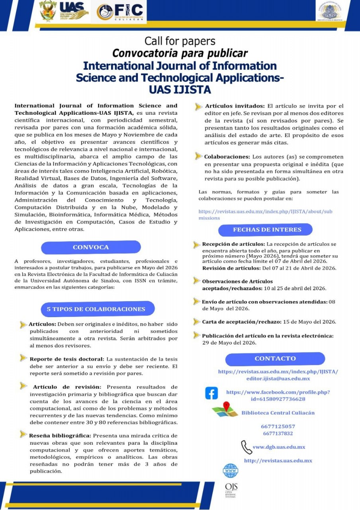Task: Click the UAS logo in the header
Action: tap(73, 11)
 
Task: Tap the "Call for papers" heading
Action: tap(180, 41)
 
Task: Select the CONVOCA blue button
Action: tap(91, 247)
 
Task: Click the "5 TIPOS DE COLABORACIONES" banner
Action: tap(96, 309)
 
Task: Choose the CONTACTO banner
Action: tap(275, 359)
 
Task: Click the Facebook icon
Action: tap(211, 393)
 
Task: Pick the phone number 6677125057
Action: tap(278, 426)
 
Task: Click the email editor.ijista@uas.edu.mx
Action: tap(278, 379)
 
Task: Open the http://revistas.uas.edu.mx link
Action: tap(278, 461)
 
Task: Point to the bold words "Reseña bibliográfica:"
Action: tap(60, 435)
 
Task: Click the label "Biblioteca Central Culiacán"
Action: tap(278, 413)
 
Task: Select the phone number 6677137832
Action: tap(278, 433)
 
